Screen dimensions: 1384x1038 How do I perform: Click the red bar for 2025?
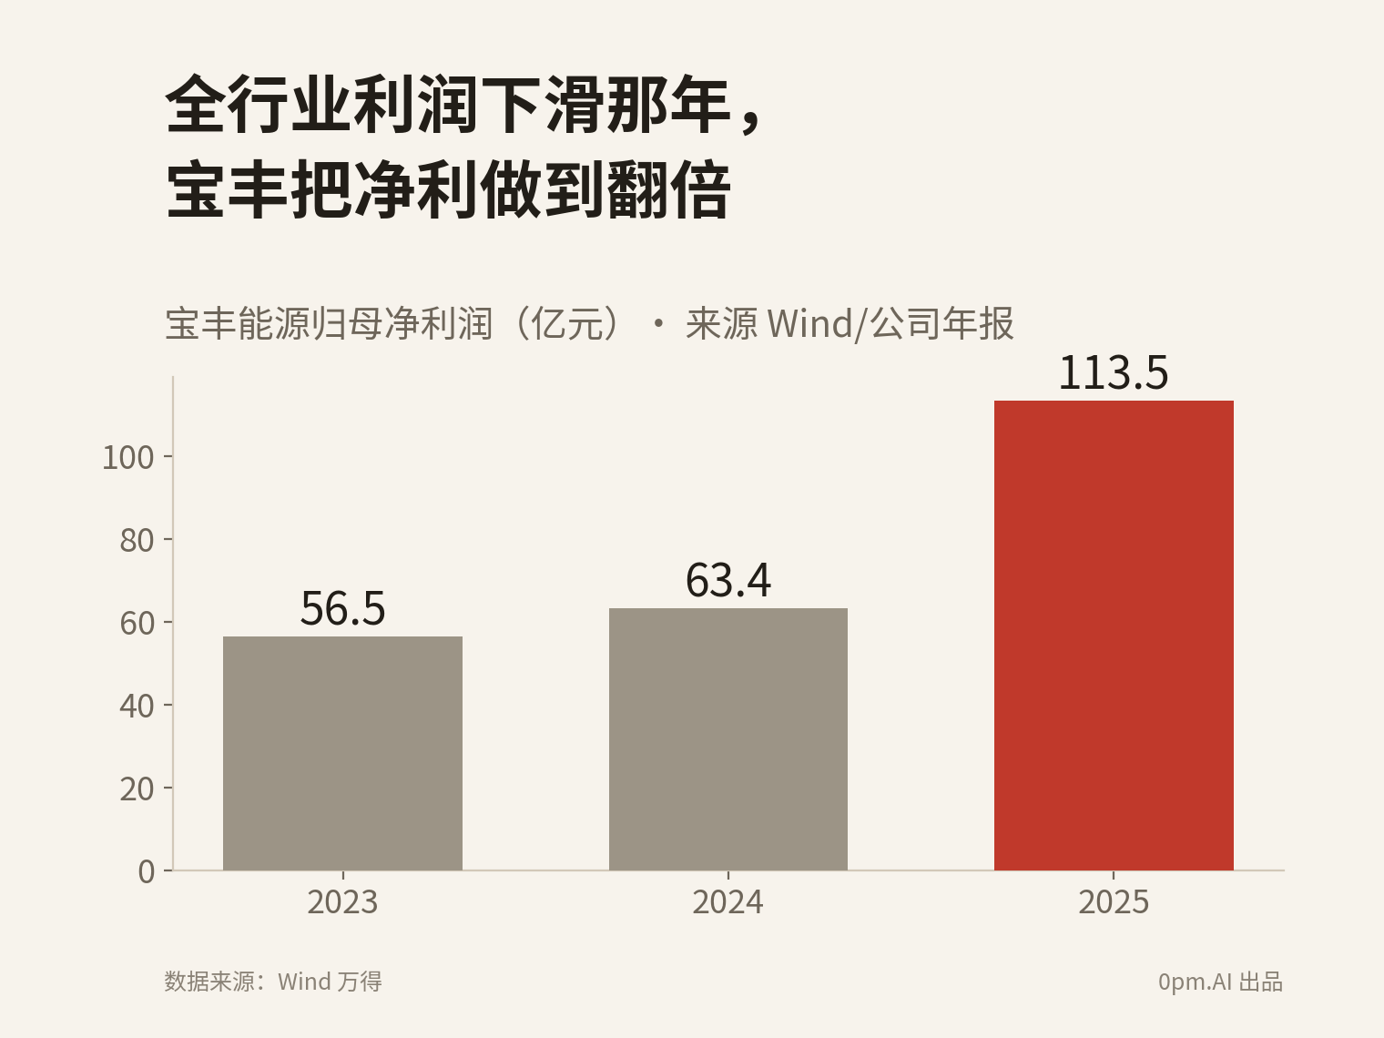(x=1114, y=636)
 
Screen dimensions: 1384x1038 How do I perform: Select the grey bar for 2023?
(x=342, y=753)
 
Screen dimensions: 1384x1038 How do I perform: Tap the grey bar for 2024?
(x=728, y=739)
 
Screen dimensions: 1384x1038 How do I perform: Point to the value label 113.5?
(x=1114, y=372)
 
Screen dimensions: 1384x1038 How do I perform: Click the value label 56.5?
(x=342, y=608)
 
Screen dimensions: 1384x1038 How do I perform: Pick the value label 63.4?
(x=728, y=580)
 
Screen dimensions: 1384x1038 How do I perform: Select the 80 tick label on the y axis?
(x=137, y=540)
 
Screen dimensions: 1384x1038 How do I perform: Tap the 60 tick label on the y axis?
(x=137, y=624)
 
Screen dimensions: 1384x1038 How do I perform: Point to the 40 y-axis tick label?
(x=137, y=706)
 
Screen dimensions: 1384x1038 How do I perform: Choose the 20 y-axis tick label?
(x=137, y=789)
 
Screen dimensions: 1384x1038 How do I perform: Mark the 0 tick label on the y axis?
(x=147, y=871)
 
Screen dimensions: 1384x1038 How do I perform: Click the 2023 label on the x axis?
(x=342, y=901)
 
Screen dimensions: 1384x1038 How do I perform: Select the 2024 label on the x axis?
(x=728, y=901)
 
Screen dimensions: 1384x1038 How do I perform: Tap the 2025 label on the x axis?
(x=1114, y=901)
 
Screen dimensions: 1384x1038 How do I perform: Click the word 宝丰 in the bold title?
(x=227, y=189)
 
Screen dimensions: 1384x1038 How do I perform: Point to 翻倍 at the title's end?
(x=669, y=189)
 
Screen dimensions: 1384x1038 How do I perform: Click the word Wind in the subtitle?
(x=809, y=324)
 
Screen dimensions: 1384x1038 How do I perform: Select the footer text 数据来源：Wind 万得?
(x=273, y=982)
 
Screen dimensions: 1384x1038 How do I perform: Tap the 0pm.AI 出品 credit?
(x=1220, y=982)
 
